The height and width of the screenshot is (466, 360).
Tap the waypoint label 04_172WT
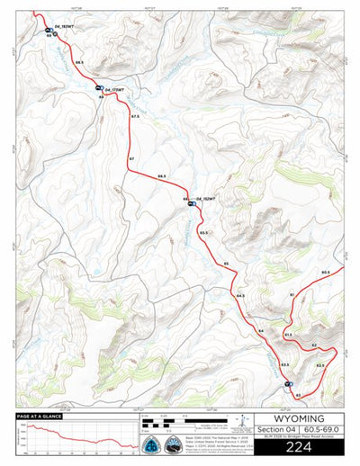coord(113,91)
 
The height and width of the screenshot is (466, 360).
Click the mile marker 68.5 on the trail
coord(80,61)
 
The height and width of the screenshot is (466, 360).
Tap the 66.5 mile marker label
coord(162,176)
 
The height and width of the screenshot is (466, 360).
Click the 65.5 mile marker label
coord(204,233)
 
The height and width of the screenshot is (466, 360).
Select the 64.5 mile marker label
coord(240,295)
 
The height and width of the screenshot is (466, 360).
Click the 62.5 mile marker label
coord(319,365)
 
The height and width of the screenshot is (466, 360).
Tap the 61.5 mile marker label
coord(288,334)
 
